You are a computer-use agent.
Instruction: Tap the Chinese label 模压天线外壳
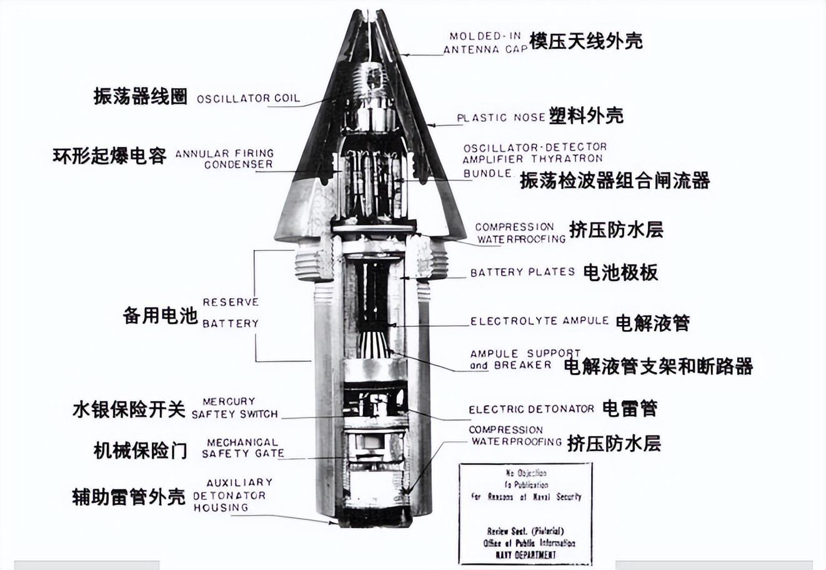(x=585, y=41)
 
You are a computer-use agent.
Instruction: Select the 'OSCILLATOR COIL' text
(x=248, y=99)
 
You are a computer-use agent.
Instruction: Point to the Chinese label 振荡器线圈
(x=141, y=96)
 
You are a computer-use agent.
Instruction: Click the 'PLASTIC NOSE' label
(x=500, y=117)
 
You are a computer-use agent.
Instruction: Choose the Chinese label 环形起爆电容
(x=110, y=156)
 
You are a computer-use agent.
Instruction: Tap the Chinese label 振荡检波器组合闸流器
(x=615, y=181)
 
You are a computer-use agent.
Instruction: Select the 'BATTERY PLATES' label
(x=522, y=272)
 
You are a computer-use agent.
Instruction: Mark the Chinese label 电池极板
(x=620, y=272)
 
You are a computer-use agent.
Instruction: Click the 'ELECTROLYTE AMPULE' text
(x=539, y=321)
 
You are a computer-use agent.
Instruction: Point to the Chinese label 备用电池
(x=160, y=316)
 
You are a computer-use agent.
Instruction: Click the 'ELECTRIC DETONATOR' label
(x=531, y=409)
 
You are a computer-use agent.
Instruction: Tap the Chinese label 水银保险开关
(x=129, y=410)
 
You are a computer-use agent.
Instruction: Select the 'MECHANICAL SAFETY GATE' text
(x=242, y=447)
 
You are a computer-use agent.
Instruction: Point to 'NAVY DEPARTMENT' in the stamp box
(x=525, y=554)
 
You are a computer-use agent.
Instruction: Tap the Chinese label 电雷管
(x=629, y=409)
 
